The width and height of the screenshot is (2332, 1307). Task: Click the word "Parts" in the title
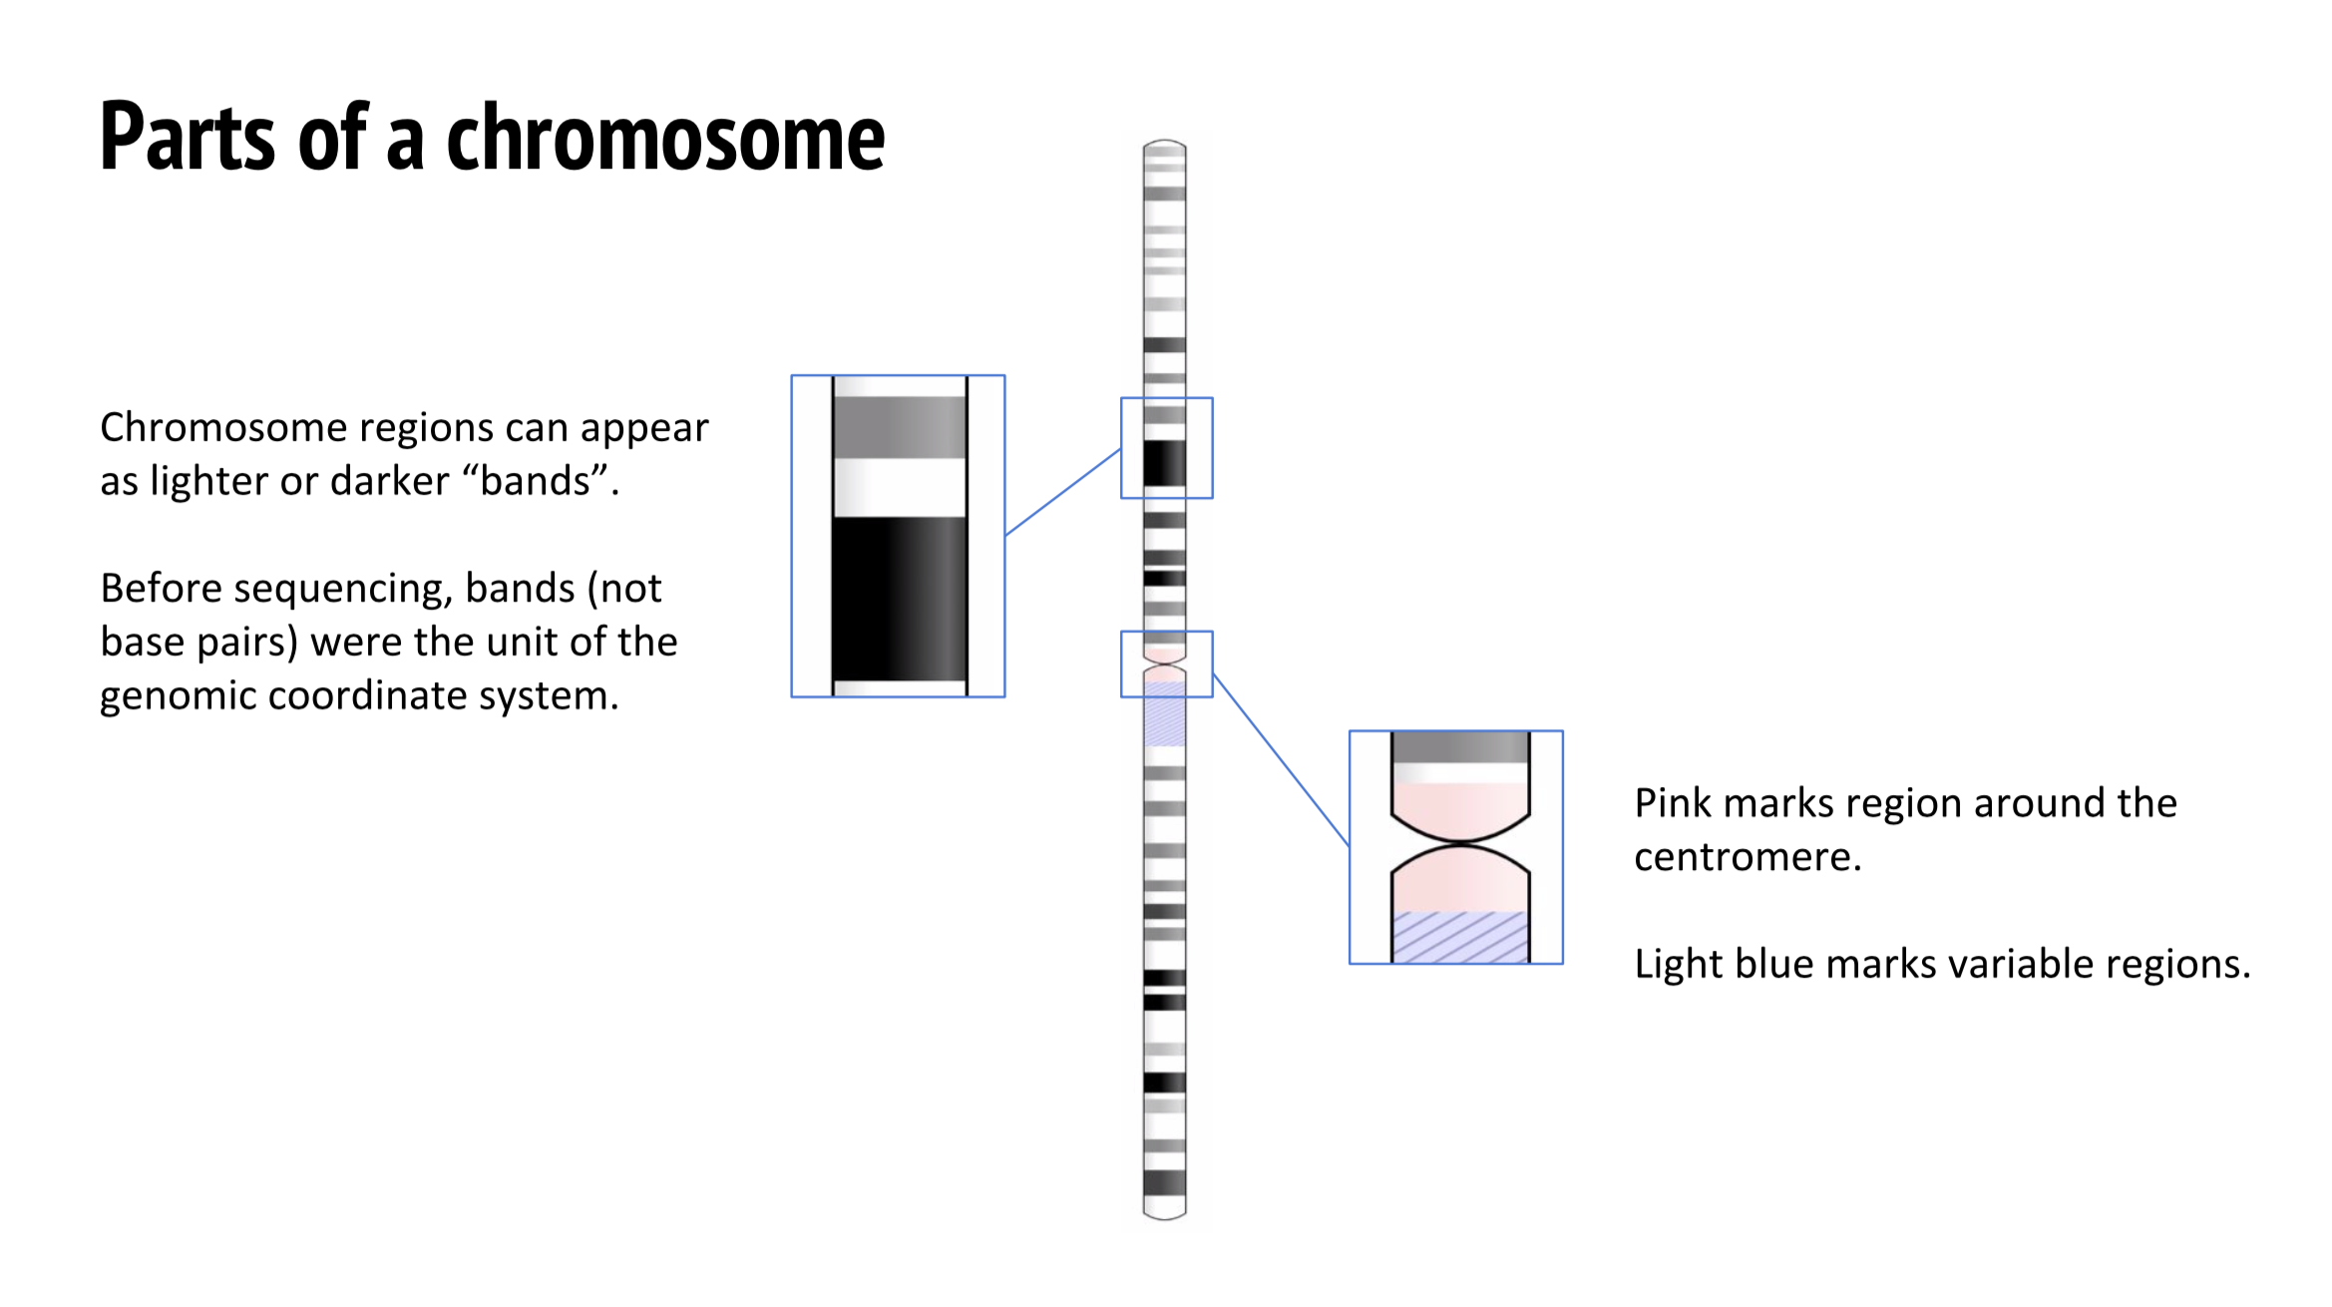(x=187, y=138)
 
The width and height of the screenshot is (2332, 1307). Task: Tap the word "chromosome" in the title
(x=665, y=138)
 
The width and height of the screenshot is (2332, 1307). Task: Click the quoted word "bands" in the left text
(x=537, y=482)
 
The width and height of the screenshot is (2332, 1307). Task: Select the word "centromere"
(x=1746, y=857)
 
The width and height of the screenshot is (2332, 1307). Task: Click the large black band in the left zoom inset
(x=899, y=599)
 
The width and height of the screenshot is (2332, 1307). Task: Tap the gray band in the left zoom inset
(x=899, y=427)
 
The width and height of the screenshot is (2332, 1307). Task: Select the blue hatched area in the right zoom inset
(x=1460, y=937)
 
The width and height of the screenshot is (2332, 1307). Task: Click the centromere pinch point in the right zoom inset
(x=1460, y=844)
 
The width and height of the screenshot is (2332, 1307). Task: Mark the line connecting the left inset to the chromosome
(x=1063, y=492)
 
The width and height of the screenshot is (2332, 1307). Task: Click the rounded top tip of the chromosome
(x=1164, y=145)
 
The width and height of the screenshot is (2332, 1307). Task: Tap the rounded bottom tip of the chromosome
(x=1164, y=1213)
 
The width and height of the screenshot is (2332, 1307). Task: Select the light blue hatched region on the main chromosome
(x=1164, y=716)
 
